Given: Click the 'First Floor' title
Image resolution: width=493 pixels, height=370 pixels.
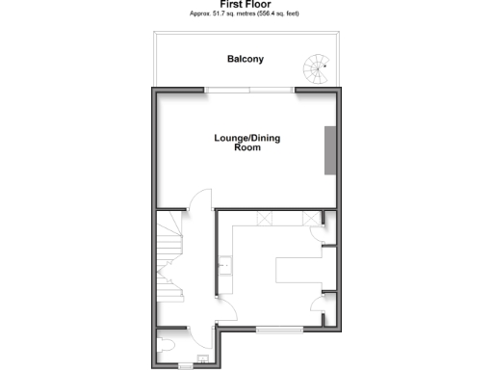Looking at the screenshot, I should click(246, 5).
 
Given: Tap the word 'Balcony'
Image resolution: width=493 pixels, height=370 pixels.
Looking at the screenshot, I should click(246, 60).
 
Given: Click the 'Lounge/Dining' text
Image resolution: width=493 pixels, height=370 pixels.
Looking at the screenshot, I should click(247, 139).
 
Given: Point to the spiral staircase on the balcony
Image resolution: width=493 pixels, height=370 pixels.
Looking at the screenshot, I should click(317, 67).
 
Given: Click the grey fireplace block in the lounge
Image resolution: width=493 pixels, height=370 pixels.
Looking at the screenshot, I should click(330, 151).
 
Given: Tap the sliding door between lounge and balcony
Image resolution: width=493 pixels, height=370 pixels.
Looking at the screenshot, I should click(249, 90).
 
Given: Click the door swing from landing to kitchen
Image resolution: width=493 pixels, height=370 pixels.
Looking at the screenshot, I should click(227, 310).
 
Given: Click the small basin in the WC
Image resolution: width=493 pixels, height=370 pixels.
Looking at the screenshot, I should click(201, 362).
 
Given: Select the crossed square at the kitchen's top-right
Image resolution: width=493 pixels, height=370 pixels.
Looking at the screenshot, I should click(310, 218).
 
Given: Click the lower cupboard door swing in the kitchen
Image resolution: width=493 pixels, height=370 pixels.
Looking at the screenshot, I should click(320, 307).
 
